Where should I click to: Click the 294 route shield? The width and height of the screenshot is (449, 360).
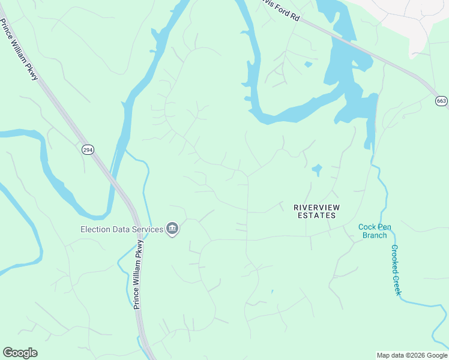coord(88,150)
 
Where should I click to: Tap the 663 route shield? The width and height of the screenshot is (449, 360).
coord(441,101)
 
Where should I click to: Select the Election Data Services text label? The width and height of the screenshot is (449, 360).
coord(122,229)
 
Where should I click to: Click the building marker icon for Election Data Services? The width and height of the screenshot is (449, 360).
coord(172,229)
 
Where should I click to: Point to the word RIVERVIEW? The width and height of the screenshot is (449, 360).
coord(316,207)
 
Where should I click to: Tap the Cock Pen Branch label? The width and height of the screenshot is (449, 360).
coord(375,231)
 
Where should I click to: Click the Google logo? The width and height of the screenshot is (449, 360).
coord(20,353)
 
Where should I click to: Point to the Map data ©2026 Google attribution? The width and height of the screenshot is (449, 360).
coord(412,355)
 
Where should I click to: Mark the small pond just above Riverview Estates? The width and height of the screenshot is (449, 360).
coord(316,170)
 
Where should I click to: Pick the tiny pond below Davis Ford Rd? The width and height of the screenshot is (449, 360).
coord(308,64)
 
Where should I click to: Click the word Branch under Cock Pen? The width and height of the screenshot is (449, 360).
coord(375,235)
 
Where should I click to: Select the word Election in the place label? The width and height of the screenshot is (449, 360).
coord(95,229)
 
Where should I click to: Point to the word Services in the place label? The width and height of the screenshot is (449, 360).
coord(148,229)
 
